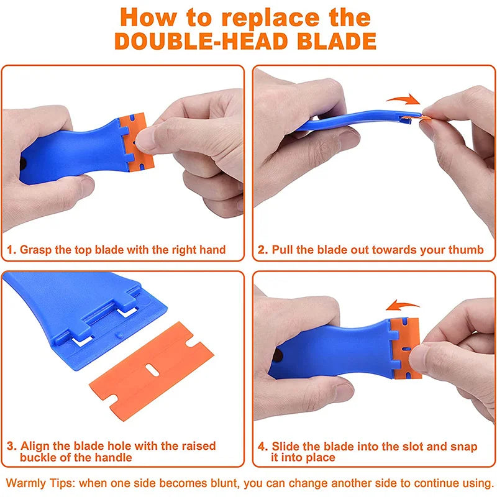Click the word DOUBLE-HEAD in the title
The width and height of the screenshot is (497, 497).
tap(201, 42)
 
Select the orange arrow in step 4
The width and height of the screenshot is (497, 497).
tap(403, 305)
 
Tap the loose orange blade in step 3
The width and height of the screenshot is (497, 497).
tap(152, 371)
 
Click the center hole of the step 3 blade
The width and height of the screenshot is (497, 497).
tap(152, 370)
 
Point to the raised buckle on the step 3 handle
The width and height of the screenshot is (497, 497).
tap(119, 335)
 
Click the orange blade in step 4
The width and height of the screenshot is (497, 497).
tap(406, 349)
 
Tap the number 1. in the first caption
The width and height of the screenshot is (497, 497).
tap(11, 250)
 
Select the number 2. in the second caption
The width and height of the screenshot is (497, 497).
tap(263, 250)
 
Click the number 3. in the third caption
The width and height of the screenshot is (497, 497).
tap(12, 446)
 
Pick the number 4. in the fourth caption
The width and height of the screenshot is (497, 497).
tap(263, 446)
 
